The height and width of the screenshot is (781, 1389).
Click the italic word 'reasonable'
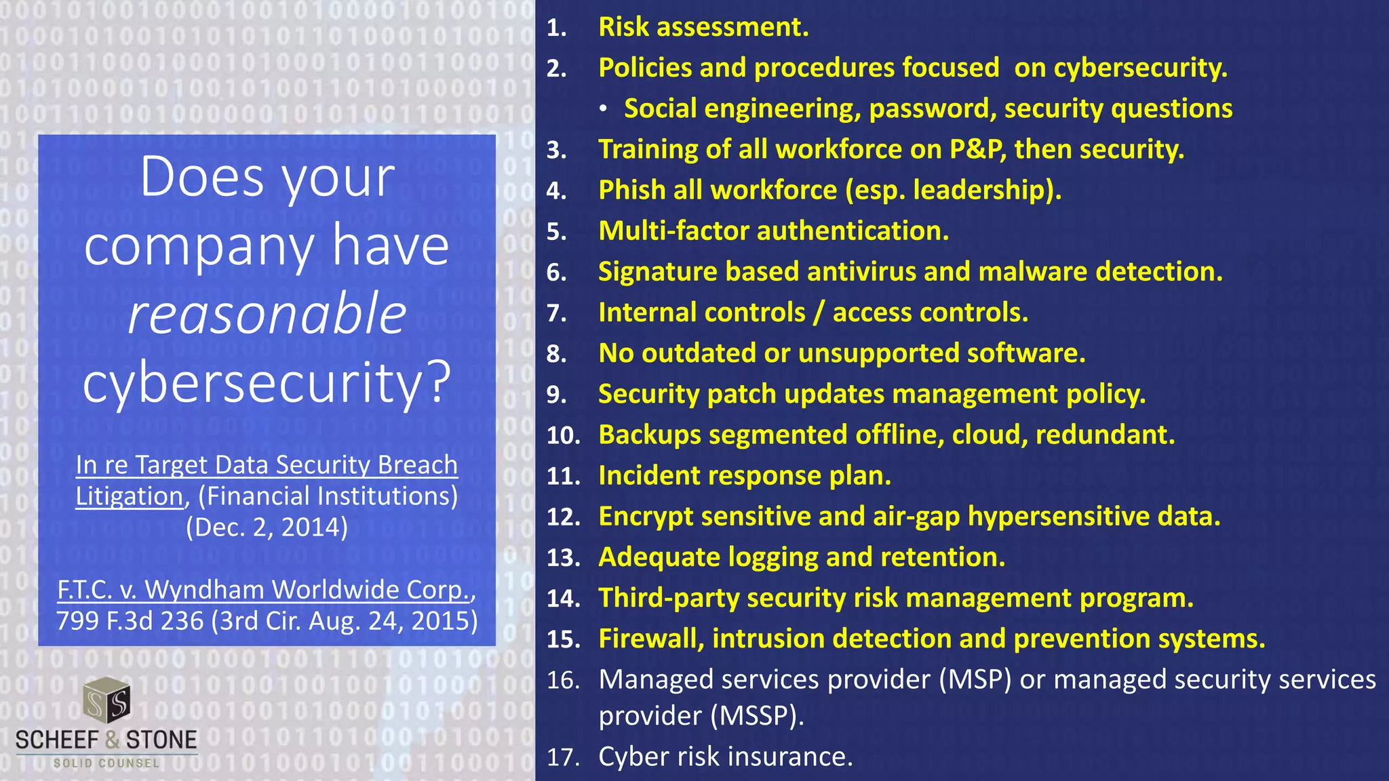[267, 315]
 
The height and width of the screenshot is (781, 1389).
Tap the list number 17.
[563, 757]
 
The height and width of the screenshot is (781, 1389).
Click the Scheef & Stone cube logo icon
[106, 701]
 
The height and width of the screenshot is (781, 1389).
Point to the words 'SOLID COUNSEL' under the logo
[106, 763]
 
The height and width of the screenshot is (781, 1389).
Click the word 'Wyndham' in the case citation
[204, 590]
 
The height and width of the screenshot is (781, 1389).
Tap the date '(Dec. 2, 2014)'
[267, 527]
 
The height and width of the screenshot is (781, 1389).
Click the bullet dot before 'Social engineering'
[602, 109]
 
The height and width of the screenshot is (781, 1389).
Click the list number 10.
[563, 435]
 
